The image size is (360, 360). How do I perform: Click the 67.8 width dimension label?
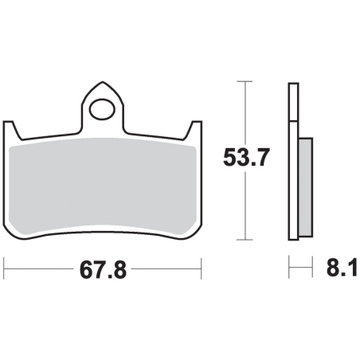tap(103, 269)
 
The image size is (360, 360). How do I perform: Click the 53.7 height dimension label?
tap(247, 158)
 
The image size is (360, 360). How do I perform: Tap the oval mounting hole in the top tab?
tap(102, 109)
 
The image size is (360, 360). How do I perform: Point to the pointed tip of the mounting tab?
tap(103, 82)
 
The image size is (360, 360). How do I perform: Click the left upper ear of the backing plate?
tap(11, 129)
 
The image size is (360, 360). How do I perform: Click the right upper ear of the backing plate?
tap(194, 129)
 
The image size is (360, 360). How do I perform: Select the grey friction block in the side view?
tap(306, 187)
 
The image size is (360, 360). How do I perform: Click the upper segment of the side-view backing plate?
tap(293, 102)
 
